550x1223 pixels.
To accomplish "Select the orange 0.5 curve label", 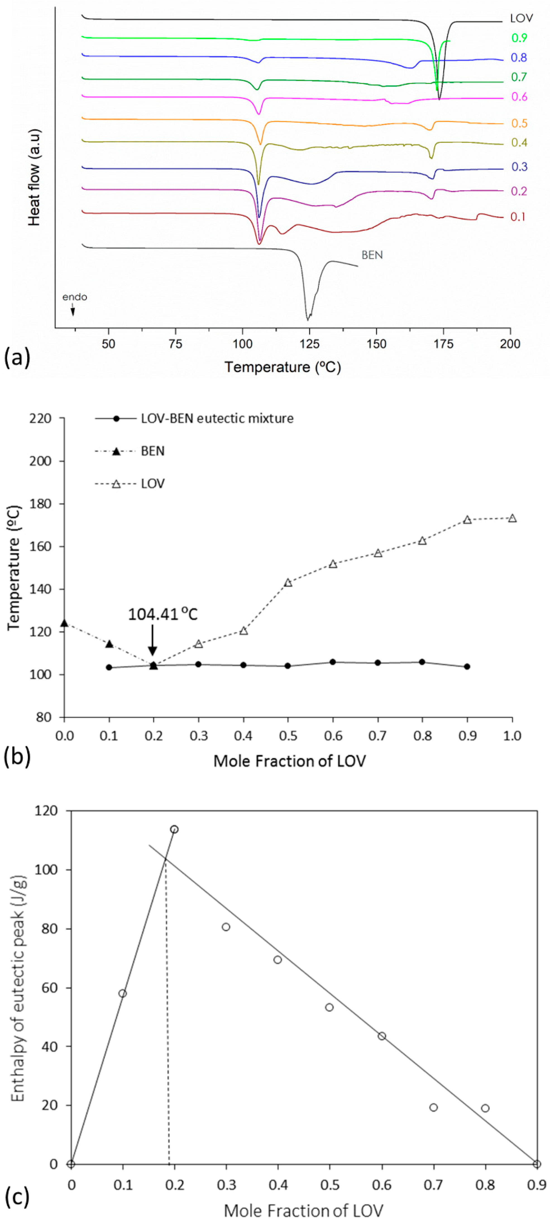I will tap(519, 123).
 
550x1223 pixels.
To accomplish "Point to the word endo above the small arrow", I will tap(75, 297).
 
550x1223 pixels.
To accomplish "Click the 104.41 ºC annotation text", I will tap(162, 614).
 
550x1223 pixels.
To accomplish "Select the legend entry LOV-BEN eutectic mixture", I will tap(217, 418).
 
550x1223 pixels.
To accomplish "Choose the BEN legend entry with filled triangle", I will tap(152, 450).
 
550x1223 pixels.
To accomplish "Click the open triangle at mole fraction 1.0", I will tap(512, 519).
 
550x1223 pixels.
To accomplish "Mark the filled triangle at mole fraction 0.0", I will tap(64, 623).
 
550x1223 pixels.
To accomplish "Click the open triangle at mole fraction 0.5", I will tap(288, 582).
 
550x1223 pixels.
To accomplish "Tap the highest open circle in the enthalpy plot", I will tap(174, 829).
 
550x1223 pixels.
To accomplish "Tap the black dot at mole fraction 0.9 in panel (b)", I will tap(467, 666).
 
